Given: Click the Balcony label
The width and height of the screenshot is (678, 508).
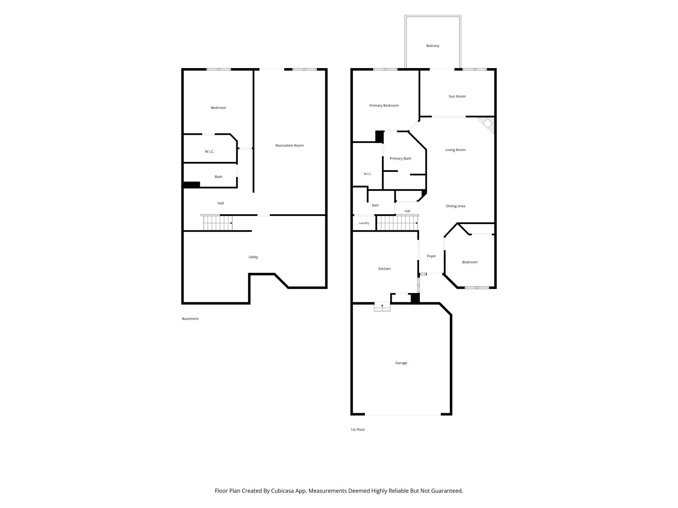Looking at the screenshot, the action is pos(433,46).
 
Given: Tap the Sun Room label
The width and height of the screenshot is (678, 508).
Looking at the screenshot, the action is pos(457,96).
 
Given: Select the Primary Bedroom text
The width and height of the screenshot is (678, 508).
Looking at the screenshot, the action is pos(384,106).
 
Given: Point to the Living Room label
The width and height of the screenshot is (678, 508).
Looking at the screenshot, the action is pos(455,150).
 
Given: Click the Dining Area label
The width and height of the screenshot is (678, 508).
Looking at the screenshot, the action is pos(455,206).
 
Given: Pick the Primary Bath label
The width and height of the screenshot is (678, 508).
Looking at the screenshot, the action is pos(400,159).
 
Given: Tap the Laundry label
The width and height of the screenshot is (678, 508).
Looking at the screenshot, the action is pos(364,223).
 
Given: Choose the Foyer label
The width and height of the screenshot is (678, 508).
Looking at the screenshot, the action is pos(432,256).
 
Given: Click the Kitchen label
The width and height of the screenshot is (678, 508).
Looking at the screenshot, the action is pos(384,269).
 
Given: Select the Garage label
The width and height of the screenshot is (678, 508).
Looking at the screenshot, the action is pos(401,363).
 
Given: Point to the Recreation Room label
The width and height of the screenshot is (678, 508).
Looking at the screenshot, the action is pos(289,146).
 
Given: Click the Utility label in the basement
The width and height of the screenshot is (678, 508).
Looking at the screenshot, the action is pos(253,257).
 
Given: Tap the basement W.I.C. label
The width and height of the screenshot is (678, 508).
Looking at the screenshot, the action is pos(209,152).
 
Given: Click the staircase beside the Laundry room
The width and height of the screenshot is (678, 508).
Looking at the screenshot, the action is pos(397,223).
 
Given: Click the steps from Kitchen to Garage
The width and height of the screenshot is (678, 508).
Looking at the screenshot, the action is pos(382,307).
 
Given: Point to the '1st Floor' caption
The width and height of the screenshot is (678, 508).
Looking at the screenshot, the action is pos(358,430).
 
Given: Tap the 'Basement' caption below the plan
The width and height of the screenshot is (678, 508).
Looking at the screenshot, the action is pos(190,319).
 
